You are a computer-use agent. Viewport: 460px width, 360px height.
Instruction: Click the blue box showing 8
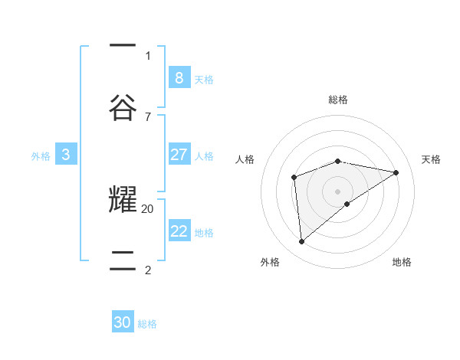point(179,77)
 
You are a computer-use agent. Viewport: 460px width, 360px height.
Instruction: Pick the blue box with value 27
point(179,155)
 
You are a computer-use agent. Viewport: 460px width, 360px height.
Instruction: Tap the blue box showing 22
point(179,231)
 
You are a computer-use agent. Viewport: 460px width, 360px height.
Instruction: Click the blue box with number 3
point(66,155)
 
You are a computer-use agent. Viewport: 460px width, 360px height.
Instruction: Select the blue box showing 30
point(123,322)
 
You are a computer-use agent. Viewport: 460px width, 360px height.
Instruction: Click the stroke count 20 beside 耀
point(148,208)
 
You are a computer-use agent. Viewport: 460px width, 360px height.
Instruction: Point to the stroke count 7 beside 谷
point(148,116)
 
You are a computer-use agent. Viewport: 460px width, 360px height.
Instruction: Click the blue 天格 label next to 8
point(204,79)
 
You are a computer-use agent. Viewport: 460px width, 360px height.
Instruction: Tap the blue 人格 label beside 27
point(204,156)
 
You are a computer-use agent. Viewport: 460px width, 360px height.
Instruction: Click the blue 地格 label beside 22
point(204,233)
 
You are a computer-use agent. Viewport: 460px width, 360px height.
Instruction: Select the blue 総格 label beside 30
point(147,324)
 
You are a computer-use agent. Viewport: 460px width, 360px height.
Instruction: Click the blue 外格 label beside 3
point(41,156)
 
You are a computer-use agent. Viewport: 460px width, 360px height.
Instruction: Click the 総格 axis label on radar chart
point(338,100)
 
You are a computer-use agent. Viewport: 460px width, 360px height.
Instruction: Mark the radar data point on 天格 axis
point(396,172)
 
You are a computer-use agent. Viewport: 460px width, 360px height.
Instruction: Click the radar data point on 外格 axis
point(302,242)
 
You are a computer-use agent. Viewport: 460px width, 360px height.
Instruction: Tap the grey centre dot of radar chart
point(338,191)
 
